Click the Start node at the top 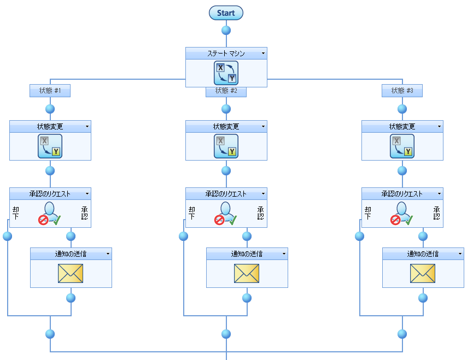coord(226,13)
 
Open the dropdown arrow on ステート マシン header coord(263,54)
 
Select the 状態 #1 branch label coord(50,91)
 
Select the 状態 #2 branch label coord(226,91)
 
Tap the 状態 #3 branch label coord(402,91)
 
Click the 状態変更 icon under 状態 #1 coord(50,146)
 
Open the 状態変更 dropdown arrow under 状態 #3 coord(439,127)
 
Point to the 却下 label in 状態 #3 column coord(367,213)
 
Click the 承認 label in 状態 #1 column coord(85,213)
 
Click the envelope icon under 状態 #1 coord(71,273)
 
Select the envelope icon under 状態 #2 coord(247,273)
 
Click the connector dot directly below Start coord(226,30)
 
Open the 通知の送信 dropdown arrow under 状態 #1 coord(108,254)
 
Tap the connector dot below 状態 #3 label coord(402,109)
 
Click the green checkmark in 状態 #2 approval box coord(232,220)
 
